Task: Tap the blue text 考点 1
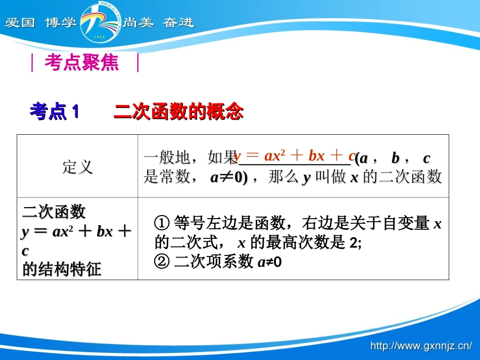click(x=54, y=112)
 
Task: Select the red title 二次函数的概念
click(x=179, y=112)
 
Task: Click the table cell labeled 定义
click(x=77, y=167)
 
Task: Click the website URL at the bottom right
click(x=421, y=346)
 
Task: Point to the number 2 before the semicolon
click(x=352, y=243)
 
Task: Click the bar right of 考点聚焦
click(x=137, y=63)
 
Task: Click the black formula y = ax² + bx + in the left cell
click(x=76, y=232)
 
